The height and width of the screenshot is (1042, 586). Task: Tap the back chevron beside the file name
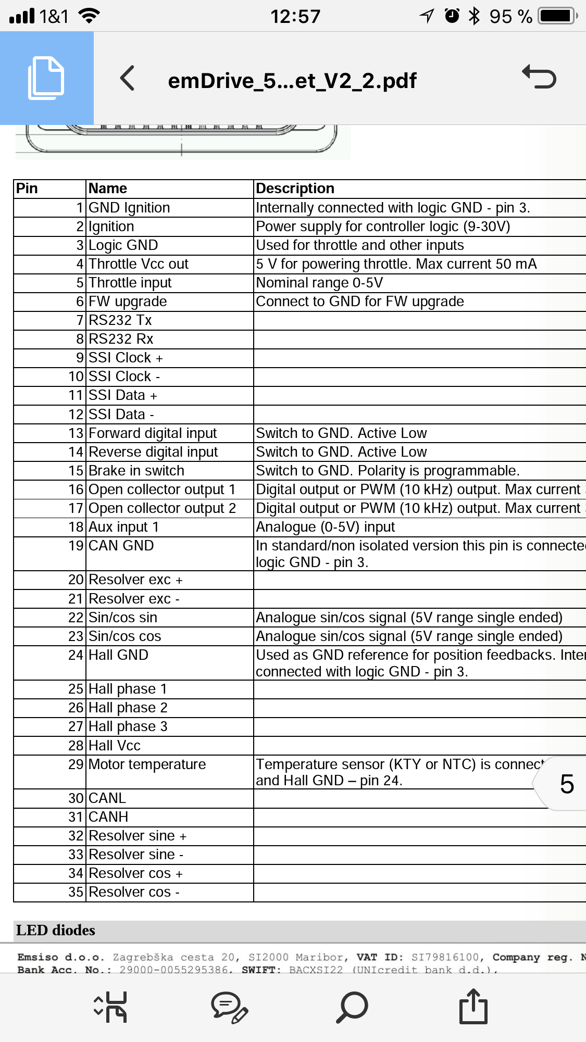coord(128,79)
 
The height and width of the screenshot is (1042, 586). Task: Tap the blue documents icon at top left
coord(46,78)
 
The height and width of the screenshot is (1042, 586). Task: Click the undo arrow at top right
coord(540,77)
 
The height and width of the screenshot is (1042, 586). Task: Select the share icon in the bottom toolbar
coord(473,1006)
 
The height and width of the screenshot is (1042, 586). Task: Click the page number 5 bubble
coord(566,784)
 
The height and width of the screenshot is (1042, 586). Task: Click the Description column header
coord(295,189)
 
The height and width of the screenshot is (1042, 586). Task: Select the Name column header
coord(108,189)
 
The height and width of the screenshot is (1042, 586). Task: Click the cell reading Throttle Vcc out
coord(139,264)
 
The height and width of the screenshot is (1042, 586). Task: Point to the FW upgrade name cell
coord(128,302)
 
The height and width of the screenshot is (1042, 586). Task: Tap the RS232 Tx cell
coord(120,320)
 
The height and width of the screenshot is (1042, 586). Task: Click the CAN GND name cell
coord(121,546)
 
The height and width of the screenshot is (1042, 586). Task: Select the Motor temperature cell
coord(147,764)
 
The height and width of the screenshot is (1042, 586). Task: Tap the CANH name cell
coord(108,817)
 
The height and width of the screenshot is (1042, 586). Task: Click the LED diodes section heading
coord(56,930)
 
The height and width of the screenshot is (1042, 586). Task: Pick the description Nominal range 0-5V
coord(319,283)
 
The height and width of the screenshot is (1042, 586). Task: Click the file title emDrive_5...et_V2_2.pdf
coord(292,81)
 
